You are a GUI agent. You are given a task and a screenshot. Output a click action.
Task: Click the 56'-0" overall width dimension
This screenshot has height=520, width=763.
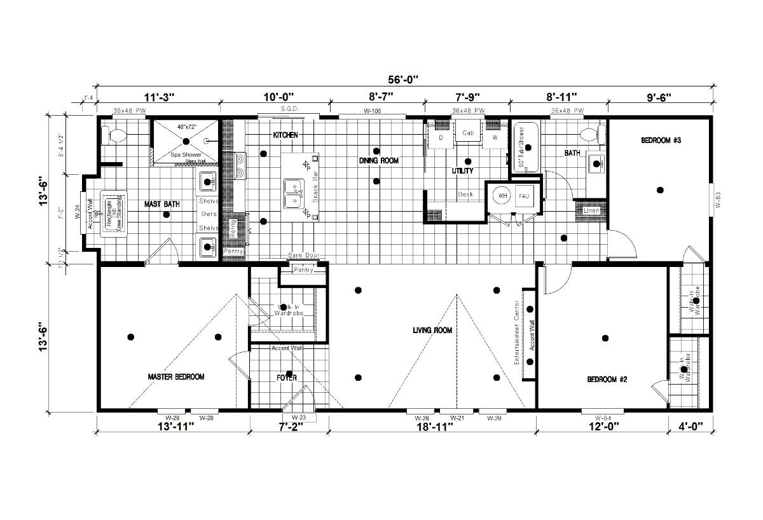point(404,79)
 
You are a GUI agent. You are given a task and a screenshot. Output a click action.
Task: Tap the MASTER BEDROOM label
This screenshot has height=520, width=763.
point(176,377)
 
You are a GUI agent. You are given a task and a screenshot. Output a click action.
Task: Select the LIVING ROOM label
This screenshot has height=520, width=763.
point(432,330)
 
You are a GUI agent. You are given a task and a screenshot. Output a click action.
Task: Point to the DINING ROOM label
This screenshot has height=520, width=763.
point(379,161)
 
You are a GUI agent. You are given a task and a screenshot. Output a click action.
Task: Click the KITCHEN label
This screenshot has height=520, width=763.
point(285,135)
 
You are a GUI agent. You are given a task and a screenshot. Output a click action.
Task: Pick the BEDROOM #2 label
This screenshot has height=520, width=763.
point(607,380)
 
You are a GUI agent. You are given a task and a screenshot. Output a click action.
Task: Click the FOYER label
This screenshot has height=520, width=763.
point(287,378)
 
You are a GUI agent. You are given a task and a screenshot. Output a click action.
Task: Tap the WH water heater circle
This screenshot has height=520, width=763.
point(502,196)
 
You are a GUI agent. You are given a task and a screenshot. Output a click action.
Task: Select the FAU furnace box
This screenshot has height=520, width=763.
point(524,196)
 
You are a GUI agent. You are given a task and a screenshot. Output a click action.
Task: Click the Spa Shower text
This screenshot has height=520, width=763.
point(186,155)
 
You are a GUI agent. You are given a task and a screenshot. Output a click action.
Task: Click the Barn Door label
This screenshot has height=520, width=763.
point(303,255)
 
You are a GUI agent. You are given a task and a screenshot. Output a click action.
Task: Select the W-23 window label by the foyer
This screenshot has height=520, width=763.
point(299,418)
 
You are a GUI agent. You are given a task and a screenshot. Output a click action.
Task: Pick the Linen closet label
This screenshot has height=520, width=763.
point(591,210)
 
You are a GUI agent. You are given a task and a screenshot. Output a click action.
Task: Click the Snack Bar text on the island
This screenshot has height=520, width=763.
point(315,185)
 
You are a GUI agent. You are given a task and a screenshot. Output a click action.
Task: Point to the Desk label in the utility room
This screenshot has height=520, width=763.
point(465,195)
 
